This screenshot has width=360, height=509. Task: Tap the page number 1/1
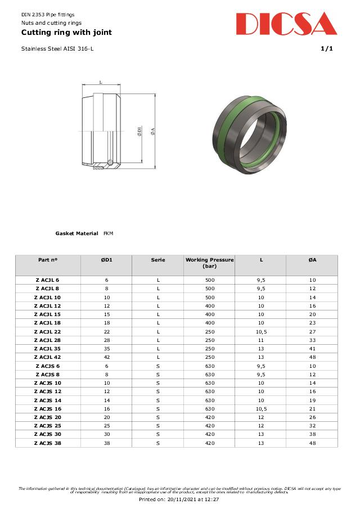[x=327, y=49]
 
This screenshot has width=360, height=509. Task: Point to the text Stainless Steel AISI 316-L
[x=57, y=49]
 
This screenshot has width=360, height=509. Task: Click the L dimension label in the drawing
[x=101, y=83]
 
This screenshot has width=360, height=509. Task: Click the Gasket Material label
[x=76, y=233]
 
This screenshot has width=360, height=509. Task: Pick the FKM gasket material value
[x=109, y=233]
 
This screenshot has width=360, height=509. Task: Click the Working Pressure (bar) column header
[x=209, y=263]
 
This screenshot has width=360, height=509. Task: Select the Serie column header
[x=158, y=260]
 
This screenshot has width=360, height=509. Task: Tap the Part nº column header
[x=48, y=260]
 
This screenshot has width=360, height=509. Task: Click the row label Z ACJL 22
[x=48, y=331]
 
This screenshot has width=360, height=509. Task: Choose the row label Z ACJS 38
[x=48, y=443]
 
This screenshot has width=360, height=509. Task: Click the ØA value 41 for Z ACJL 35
[x=312, y=349]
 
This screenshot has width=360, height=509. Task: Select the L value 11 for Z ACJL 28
[x=261, y=340]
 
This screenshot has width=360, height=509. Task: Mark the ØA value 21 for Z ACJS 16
[x=312, y=409]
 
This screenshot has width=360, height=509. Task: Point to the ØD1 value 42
[x=106, y=357]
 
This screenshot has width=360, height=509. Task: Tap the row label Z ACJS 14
[x=48, y=400]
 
